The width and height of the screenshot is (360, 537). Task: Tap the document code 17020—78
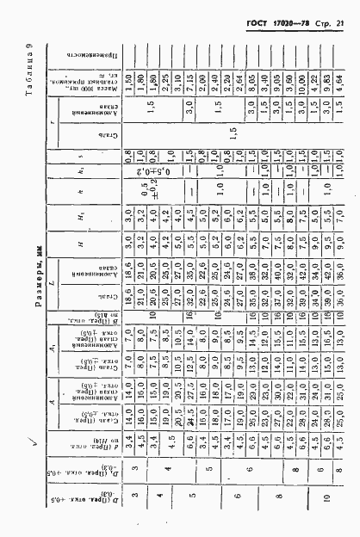pyautogui.click(x=287, y=20)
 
